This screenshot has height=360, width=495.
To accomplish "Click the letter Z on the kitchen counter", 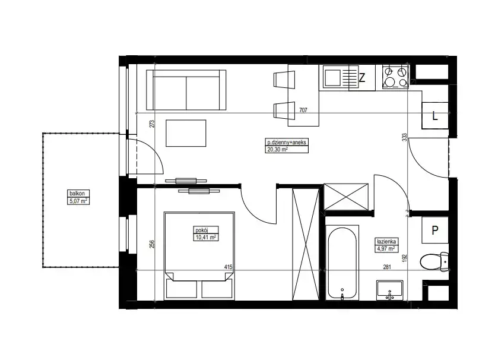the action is click(362, 77).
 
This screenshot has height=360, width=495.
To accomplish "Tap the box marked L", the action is click(435, 116).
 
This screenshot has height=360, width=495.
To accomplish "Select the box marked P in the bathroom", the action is click(435, 230).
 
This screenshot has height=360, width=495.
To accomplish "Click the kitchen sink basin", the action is click(333, 78).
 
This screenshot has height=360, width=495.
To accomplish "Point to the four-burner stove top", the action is click(395, 77).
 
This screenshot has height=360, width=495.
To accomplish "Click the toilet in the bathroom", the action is click(434, 261).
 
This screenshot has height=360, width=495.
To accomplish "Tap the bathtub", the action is click(342, 263).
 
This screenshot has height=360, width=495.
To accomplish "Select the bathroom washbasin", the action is click(389, 290).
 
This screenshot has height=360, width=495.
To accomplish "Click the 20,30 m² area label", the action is click(278, 150).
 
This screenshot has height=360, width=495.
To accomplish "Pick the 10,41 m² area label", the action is click(206, 238).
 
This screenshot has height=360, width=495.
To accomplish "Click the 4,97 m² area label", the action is click(385, 249).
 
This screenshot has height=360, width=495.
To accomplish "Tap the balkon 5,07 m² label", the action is click(78, 197).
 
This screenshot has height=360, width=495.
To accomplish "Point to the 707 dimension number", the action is click(303, 110).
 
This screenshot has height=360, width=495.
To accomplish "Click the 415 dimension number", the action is click(229, 267).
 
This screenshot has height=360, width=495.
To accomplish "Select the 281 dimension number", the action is click(387, 267).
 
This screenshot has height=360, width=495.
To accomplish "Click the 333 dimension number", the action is click(405, 137).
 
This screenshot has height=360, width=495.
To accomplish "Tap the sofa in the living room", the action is click(186, 90).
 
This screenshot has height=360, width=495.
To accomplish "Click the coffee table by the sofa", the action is click(186, 133).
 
